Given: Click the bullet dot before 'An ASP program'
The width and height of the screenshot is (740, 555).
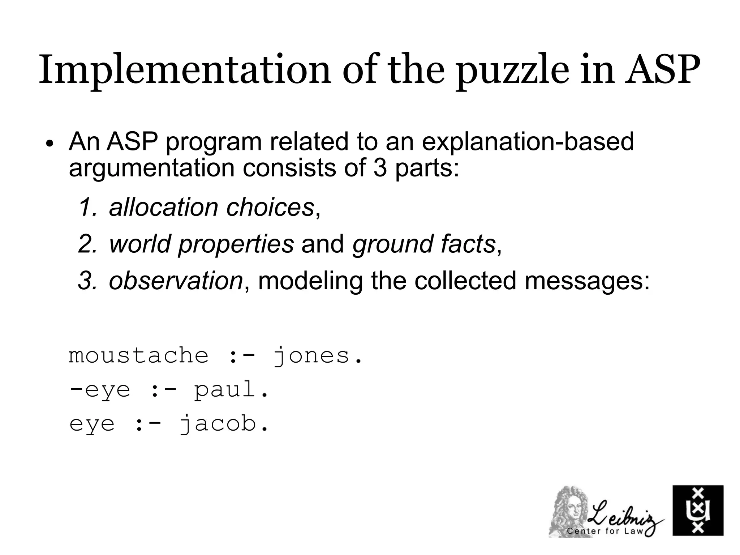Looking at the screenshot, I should point(50,144).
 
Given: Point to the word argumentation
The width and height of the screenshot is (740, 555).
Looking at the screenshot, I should point(152,168).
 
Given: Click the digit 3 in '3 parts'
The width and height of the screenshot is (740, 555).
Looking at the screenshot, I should point(380,168).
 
